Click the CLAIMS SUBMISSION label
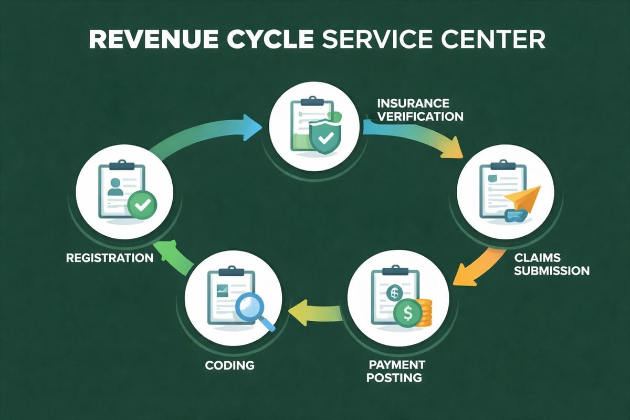[x=551, y=264]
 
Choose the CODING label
[x=229, y=364]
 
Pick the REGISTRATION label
[x=110, y=258]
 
